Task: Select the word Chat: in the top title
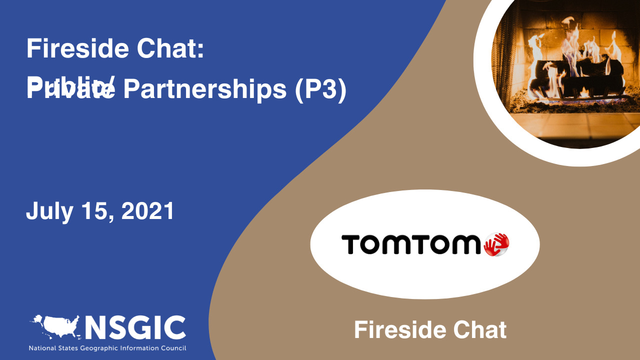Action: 176,49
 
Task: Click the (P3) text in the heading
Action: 320,90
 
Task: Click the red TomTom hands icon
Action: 496,244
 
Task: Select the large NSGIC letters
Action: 135,328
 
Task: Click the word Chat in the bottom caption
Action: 480,330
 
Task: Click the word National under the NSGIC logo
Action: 41,348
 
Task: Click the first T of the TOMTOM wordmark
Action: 349,244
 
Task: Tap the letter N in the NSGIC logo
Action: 96,328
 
